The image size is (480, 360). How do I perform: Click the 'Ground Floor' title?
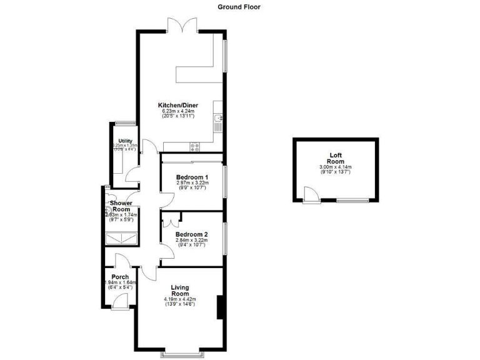coord(239,7)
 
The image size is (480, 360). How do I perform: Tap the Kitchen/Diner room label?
coord(178,104)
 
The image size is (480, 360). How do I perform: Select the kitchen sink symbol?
coord(218,118)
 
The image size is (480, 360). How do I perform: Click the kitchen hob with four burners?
coord(194,147)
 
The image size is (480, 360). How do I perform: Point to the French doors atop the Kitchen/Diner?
coord(183,26)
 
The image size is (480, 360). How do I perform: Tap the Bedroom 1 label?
coord(192,177)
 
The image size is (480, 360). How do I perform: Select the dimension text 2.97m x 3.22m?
coord(192,183)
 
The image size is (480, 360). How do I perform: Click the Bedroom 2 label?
coord(192,235)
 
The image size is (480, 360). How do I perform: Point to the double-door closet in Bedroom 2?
coord(172,219)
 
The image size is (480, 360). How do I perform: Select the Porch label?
coord(120,277)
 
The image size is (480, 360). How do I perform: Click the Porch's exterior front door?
coord(120,302)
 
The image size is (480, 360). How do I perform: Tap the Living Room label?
coord(180,290)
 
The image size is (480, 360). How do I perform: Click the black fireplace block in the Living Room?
coord(219,307)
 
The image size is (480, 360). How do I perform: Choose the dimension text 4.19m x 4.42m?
coord(180,299)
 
